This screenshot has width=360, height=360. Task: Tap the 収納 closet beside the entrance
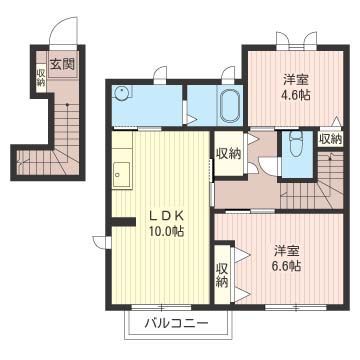click(41, 78)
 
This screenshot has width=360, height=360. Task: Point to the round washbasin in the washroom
click(123, 95)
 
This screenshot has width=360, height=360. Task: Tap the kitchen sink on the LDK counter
click(122, 174)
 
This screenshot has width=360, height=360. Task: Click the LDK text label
click(165, 214)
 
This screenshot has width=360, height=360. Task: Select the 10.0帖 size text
click(167, 231)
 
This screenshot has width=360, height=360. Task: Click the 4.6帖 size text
click(294, 95)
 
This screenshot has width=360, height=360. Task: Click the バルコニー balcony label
click(176, 324)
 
